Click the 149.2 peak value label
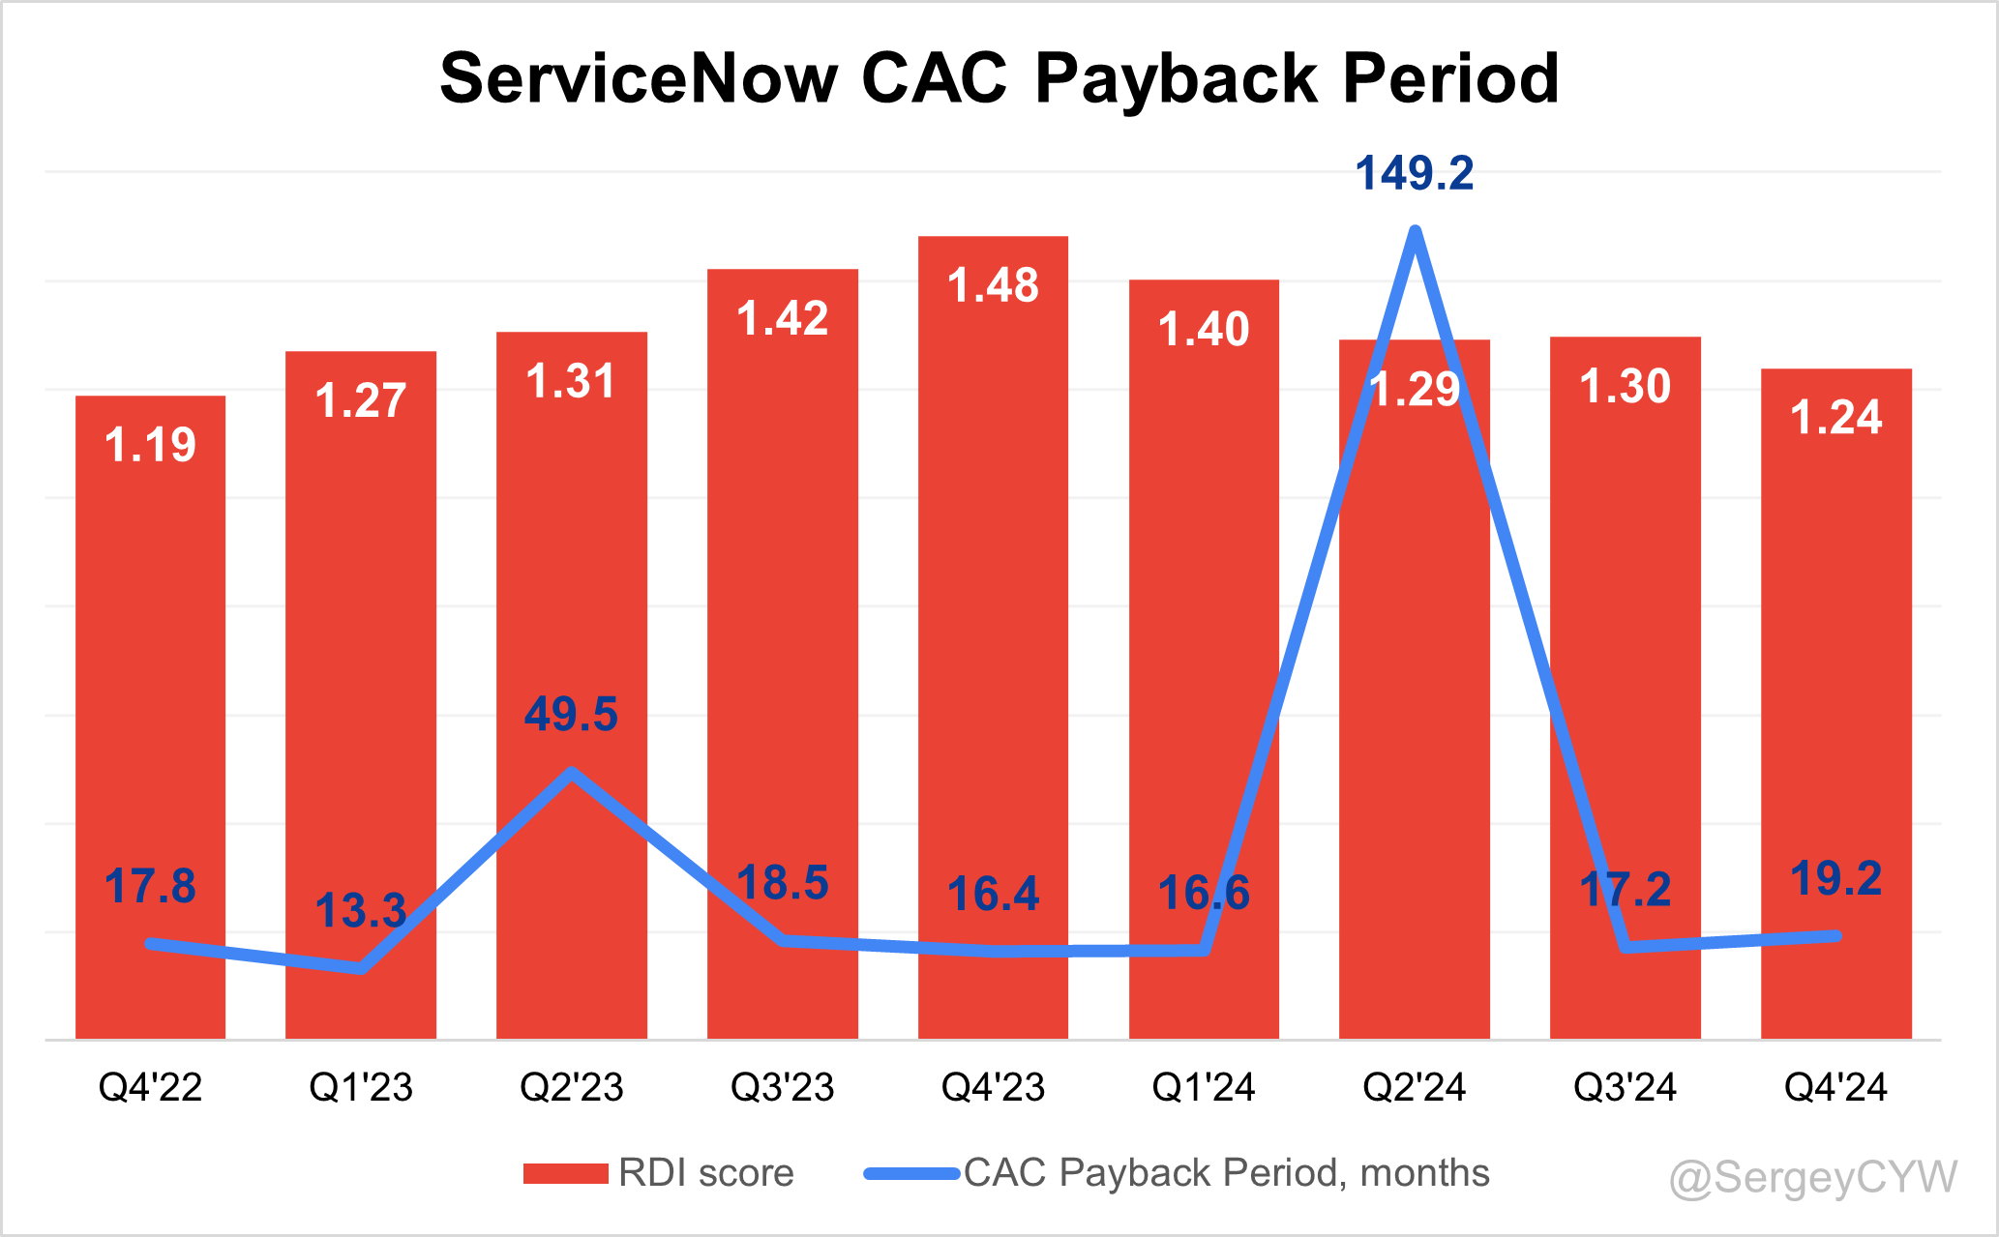pyautogui.click(x=1414, y=174)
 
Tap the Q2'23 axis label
pyautogui.click(x=571, y=1087)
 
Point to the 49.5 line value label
pyautogui.click(x=571, y=715)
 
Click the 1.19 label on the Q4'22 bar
pyautogui.click(x=150, y=445)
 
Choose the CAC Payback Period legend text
pyautogui.click(x=1226, y=1173)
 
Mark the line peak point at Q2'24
pyautogui.click(x=1415, y=231)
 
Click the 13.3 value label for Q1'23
pyautogui.click(x=360, y=911)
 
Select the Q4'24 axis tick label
pyautogui.click(x=1835, y=1087)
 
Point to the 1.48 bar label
pyautogui.click(x=993, y=286)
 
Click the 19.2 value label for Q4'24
pyautogui.click(x=1835, y=879)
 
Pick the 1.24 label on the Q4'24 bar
pyautogui.click(x=1835, y=418)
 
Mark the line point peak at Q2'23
pyautogui.click(x=572, y=773)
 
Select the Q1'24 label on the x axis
pyautogui.click(x=1203, y=1087)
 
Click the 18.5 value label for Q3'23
pyautogui.click(x=782, y=884)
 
